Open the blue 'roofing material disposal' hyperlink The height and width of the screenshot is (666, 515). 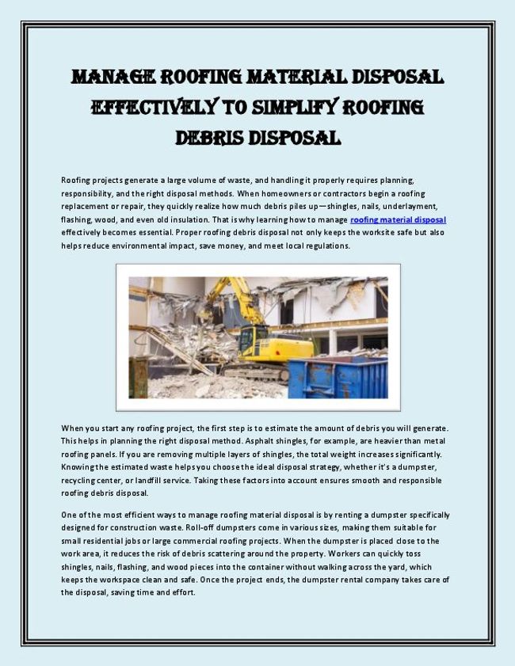point(398,219)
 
